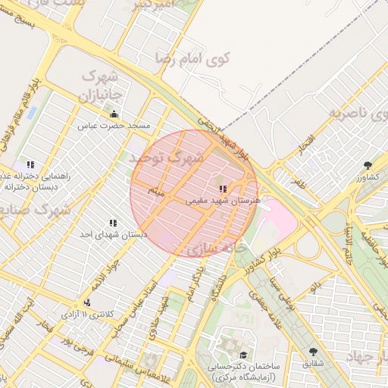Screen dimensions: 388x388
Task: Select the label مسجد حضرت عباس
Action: point(120,125)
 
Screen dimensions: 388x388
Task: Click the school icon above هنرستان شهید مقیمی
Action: point(222,189)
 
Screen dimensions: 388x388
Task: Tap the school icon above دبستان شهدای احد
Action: point(113,224)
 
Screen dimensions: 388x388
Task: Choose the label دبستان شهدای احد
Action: point(113,235)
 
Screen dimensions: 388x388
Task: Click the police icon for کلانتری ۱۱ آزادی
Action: point(88,302)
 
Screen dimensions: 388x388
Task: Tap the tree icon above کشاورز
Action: point(368,165)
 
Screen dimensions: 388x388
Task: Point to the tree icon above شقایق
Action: point(314,352)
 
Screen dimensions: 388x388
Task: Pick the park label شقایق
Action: point(313,364)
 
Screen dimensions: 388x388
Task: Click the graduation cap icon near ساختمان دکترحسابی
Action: point(242,355)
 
